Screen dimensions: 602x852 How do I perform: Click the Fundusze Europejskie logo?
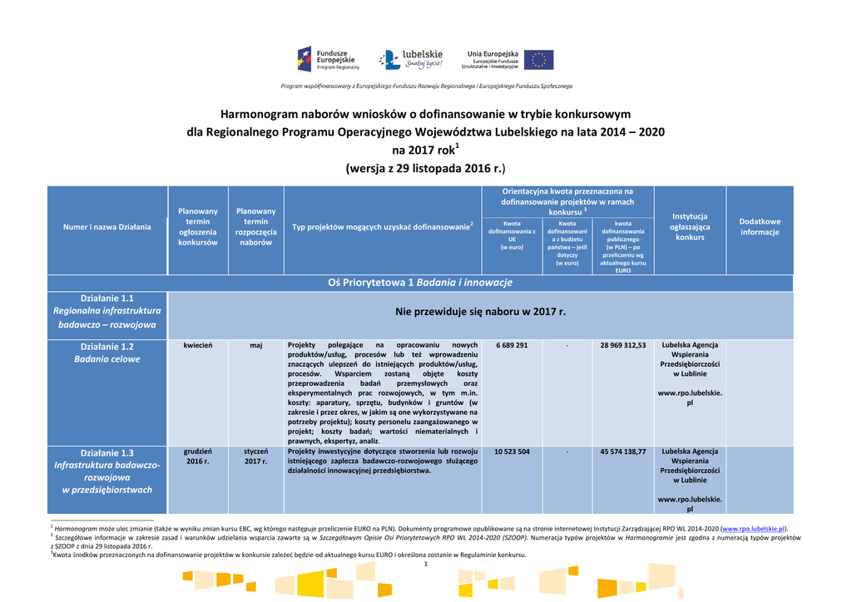tap(328, 59)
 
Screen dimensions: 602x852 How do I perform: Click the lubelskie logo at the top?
tap(410, 59)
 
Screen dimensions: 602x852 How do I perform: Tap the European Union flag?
tap(538, 60)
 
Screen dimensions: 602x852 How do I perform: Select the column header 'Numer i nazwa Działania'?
tap(107, 227)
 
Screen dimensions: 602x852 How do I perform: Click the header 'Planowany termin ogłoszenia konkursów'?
tap(198, 227)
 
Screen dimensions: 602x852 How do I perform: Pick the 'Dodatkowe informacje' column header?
tap(760, 227)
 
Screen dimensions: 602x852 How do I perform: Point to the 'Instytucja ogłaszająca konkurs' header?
tap(690, 226)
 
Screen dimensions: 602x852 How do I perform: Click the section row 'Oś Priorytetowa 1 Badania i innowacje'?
tap(420, 283)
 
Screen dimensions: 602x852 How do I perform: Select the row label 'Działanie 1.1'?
tap(107, 298)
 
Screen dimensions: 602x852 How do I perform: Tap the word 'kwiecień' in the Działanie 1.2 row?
tap(198, 345)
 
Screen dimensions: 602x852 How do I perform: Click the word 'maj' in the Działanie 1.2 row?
tap(256, 345)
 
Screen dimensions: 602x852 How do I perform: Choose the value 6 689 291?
tap(512, 345)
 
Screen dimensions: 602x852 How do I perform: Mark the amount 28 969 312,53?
tap(623, 345)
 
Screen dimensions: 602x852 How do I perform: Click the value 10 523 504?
tap(512, 451)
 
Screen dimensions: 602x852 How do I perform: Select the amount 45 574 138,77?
tap(623, 451)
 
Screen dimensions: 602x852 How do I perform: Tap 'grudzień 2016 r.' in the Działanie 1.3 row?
tap(198, 456)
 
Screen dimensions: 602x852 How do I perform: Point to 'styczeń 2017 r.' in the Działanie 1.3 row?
tap(256, 456)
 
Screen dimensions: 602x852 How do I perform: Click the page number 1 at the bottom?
tap(425, 565)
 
